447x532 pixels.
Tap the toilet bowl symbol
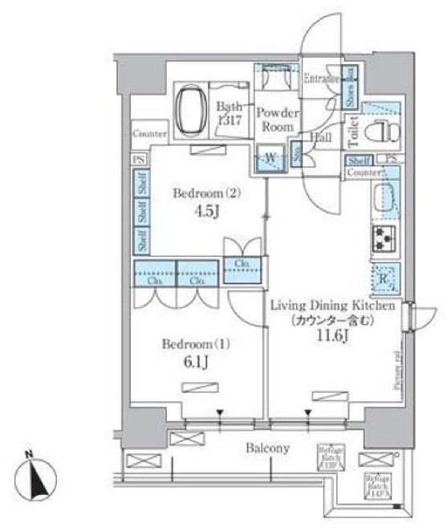click(376, 133)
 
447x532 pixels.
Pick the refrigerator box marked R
click(384, 278)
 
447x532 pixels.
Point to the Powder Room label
click(277, 121)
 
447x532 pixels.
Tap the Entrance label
click(323, 79)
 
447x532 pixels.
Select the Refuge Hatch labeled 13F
click(331, 457)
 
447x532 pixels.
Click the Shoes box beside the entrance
click(350, 86)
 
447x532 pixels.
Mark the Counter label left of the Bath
click(150, 133)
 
